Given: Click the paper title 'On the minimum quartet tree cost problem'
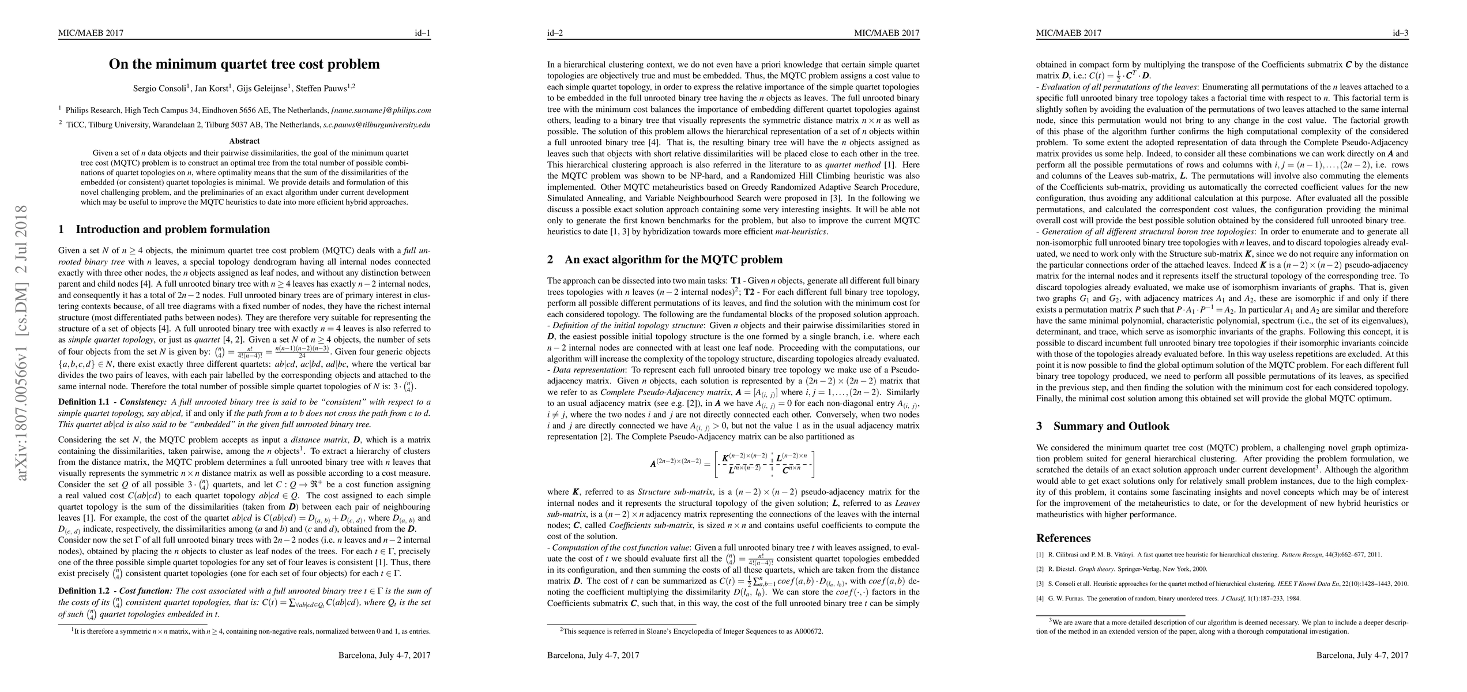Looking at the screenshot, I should pos(245,64).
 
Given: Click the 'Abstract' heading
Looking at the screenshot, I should pos(245,141).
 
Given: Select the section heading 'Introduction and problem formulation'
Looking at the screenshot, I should pos(172,230).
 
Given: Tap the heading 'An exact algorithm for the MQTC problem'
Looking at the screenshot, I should pos(674,260).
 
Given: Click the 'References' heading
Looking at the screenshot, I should pos(1063,538).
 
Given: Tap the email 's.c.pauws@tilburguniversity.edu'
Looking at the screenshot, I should pos(376,125).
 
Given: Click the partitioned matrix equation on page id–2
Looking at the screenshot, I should pos(732,464).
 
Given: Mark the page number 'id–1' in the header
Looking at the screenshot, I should pos(422,33).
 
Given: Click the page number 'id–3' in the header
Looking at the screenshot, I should pos(1400,33).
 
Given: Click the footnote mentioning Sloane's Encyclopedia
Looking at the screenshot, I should pos(691,631).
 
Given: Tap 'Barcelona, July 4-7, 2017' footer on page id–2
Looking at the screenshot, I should pos(593,656).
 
